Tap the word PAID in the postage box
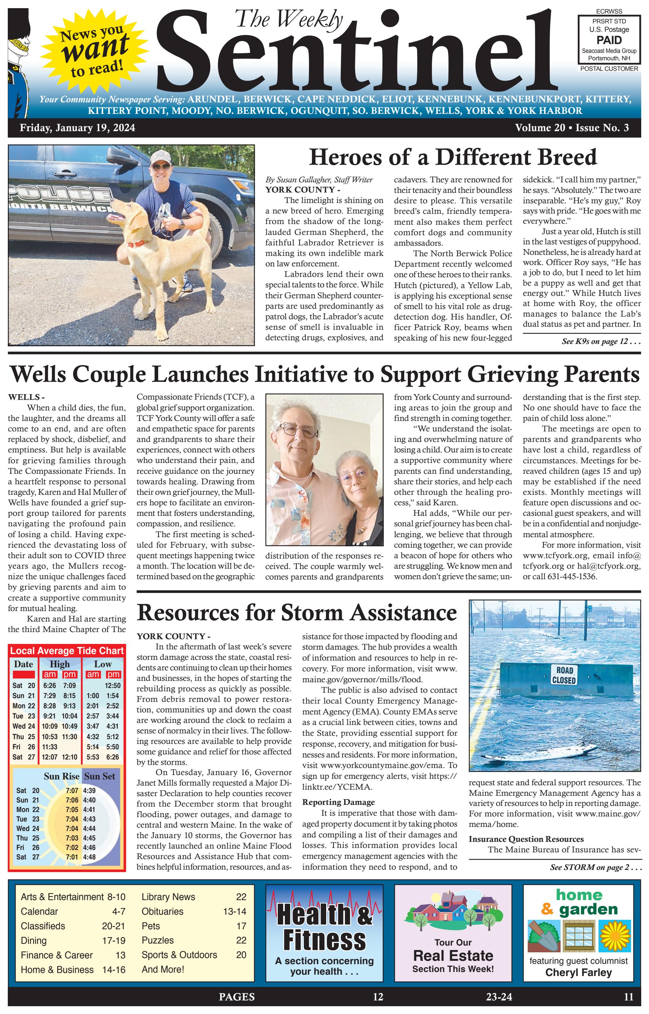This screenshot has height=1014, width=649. point(609,40)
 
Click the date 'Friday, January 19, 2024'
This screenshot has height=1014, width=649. point(77,128)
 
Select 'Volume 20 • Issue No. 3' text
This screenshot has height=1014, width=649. point(571,128)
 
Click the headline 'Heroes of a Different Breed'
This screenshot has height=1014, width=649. point(453,158)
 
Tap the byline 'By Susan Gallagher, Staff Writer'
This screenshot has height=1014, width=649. point(319,180)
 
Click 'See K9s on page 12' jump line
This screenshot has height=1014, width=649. point(601,342)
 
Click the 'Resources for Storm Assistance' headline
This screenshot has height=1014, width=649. point(297,612)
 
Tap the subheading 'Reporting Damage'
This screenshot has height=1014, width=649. point(338,802)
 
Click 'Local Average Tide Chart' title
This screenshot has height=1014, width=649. point(67,651)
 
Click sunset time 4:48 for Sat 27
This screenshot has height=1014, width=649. point(89,857)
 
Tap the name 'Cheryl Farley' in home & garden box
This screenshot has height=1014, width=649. point(578,972)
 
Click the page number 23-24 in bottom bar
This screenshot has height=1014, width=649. point(499,997)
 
